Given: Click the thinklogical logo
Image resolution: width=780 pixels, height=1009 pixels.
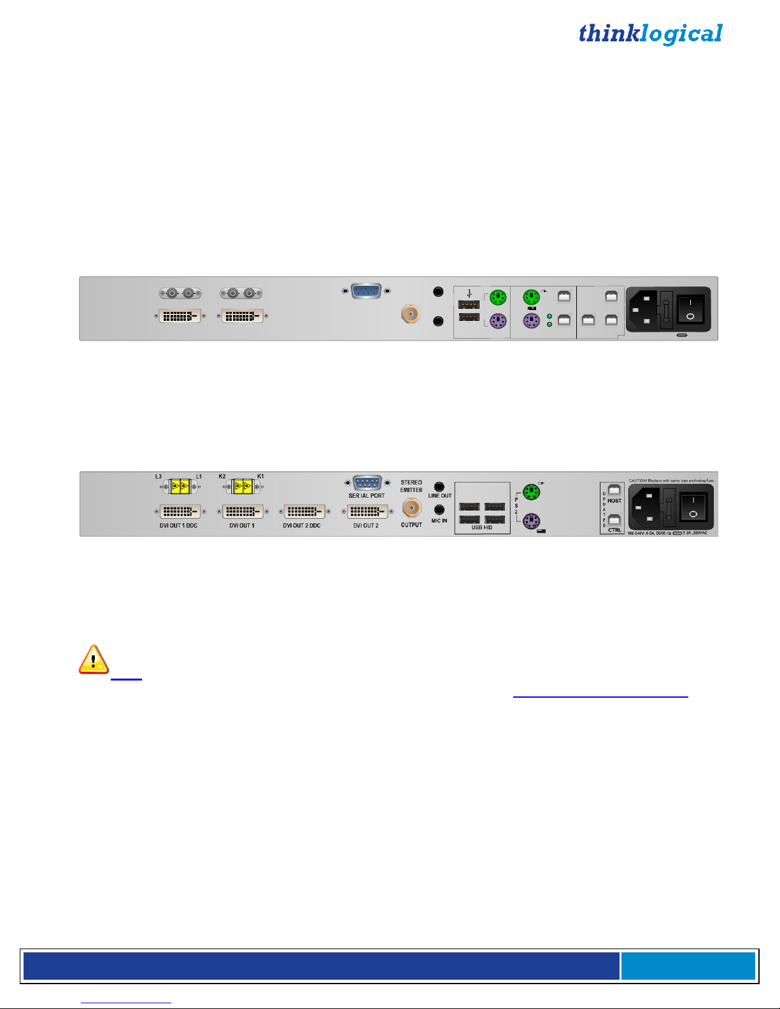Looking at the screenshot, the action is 650,34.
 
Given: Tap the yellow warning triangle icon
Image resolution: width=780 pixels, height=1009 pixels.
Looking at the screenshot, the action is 93,659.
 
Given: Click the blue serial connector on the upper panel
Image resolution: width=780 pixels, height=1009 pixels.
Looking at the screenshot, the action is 366,291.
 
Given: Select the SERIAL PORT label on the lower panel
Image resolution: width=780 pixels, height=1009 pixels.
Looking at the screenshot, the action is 366,495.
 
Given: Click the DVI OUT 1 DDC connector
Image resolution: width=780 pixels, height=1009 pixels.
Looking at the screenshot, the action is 180,511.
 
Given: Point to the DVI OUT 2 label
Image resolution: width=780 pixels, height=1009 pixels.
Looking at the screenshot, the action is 365,525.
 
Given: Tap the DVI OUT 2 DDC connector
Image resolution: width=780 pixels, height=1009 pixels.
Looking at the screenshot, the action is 304,511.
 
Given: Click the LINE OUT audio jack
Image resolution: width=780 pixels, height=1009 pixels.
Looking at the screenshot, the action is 439,487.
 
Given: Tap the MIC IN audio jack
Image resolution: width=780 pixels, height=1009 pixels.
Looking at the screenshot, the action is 439,510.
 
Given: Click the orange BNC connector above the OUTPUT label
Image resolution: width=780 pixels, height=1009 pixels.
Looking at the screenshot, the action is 411,507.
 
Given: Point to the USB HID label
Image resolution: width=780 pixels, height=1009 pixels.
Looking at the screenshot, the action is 481,527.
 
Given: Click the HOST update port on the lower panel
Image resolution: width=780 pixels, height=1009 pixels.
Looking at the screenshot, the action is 614,490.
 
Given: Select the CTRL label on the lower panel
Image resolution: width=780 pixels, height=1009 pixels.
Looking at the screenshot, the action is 614,530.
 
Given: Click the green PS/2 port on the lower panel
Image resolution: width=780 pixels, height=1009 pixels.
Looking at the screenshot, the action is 531,491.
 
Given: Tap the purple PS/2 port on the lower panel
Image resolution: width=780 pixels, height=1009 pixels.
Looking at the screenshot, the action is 531,522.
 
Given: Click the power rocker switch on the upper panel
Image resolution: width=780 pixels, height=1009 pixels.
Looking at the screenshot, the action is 690,309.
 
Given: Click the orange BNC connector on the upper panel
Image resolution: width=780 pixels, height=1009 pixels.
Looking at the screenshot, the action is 410,313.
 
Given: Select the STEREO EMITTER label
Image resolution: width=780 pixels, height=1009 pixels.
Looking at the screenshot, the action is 411,486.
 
